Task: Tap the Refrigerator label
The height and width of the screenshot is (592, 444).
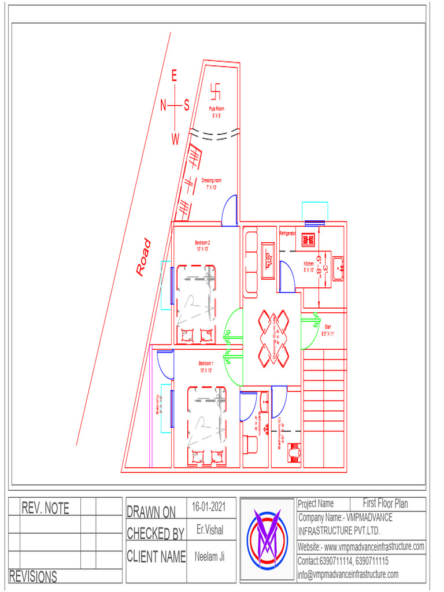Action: pos(288,234)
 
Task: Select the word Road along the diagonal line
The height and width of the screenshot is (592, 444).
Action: pos(143,257)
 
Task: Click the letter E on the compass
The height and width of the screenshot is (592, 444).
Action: pos(175,76)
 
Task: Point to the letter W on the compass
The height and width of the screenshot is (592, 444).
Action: pos(175,139)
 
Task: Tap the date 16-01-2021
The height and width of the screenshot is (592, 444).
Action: pos(209,507)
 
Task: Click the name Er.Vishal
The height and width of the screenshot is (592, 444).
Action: pos(210,530)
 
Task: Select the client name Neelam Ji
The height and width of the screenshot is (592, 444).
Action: pos(210,556)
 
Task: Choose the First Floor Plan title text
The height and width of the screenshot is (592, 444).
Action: pos(385,504)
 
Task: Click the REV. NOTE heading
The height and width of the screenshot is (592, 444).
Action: pos(45,508)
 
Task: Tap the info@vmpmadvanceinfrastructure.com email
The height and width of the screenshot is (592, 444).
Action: pos(348,574)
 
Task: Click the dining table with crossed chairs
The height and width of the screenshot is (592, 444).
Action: pos(273,338)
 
